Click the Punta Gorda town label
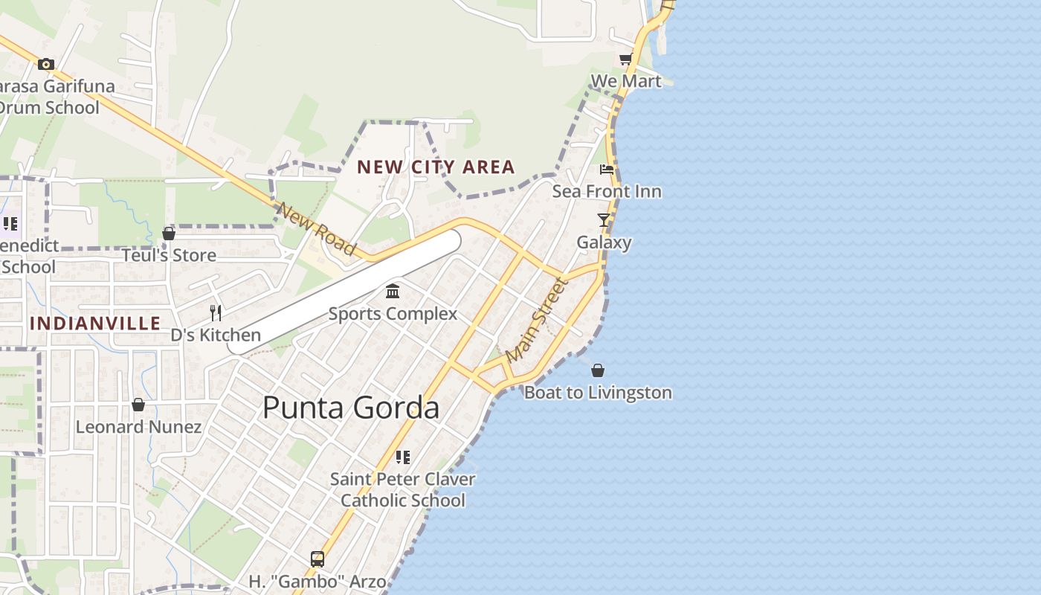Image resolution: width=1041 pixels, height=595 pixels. pos(350,408)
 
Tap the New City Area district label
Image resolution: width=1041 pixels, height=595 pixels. pos(436,167)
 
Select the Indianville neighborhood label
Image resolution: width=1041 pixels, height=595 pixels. pos(95,323)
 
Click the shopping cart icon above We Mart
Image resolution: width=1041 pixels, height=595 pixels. pos(625,59)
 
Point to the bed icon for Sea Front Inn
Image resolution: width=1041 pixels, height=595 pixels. pos(607,170)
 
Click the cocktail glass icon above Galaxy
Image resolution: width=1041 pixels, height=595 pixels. pos(604,220)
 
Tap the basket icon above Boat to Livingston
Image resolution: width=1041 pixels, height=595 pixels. pos(598,370)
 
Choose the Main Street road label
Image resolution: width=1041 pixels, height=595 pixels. pos(536,319)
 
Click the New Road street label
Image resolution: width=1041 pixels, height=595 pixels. pos(316,228)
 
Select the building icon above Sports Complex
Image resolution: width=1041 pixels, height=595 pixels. pos(393,291)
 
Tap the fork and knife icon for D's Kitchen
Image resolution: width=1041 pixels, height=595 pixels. pos(216,312)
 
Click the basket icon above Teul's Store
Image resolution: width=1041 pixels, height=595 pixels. pos(169,234)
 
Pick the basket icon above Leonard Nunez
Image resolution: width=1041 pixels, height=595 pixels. pos(138,405)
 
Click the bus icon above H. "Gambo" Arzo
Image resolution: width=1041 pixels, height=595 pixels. pos(318,559)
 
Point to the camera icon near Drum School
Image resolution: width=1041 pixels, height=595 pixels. pos(46,65)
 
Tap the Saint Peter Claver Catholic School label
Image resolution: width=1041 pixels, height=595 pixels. pos(402,489)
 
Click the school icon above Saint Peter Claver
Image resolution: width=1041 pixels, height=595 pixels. pos(402,457)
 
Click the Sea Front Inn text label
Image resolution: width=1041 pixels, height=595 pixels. pos(607,191)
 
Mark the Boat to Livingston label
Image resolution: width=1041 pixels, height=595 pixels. pos(598,393)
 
